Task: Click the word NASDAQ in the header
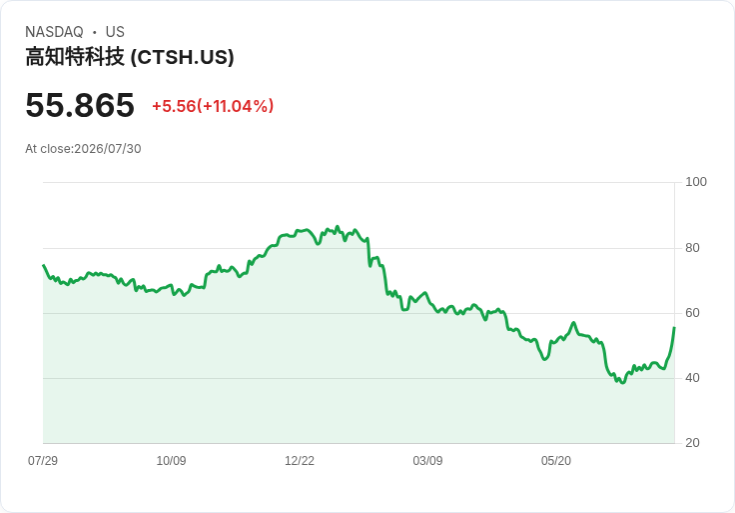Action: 54,32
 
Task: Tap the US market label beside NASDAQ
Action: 115,32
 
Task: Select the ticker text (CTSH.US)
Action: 183,57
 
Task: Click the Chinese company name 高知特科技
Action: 75,57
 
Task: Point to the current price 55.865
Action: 80,105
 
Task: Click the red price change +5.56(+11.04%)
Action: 213,106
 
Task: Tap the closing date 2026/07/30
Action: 108,149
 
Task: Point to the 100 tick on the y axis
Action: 696,182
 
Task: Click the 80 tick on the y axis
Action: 692,248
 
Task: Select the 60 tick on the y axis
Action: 692,313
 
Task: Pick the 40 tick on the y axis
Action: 692,378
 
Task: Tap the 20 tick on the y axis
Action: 692,443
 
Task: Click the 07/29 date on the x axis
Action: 43,460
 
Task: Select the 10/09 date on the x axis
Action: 171,460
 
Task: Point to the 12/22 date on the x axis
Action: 300,460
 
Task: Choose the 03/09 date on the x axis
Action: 427,460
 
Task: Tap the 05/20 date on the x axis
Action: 556,460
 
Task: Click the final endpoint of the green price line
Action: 674,328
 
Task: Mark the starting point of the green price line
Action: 44,265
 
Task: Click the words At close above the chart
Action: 48,149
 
